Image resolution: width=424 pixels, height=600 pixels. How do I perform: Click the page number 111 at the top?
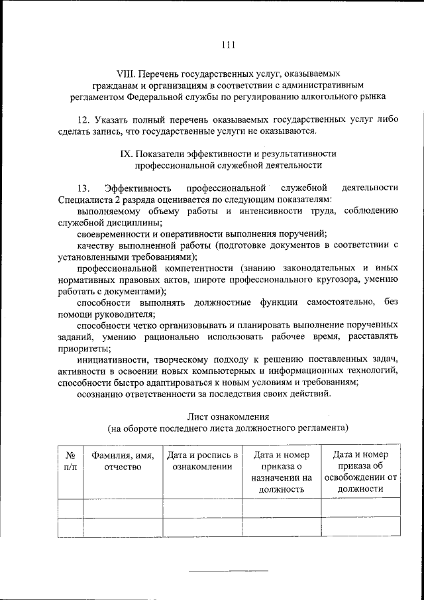(x=227, y=45)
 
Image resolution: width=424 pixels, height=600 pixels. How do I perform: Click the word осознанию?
(x=100, y=394)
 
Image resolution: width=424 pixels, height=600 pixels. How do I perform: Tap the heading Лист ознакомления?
(x=227, y=417)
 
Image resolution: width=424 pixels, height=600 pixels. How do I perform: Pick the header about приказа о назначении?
(x=281, y=472)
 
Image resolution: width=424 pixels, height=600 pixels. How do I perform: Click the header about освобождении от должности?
(x=360, y=472)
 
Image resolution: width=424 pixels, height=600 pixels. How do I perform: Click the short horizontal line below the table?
(x=229, y=570)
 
